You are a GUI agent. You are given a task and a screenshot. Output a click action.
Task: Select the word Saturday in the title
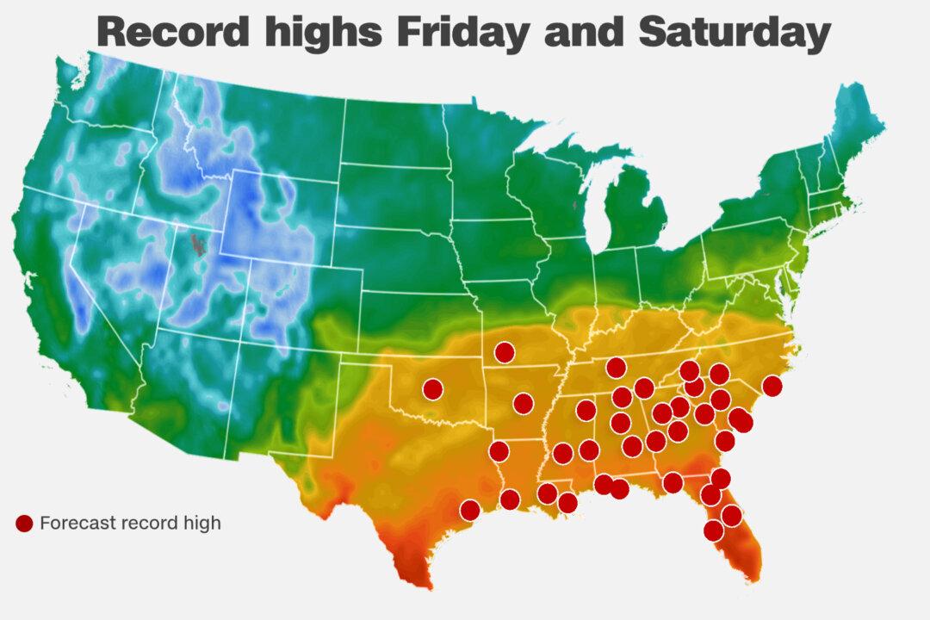(735, 32)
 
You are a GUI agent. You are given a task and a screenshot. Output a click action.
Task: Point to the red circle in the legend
(24, 523)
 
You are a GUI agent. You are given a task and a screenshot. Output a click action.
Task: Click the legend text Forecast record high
(130, 523)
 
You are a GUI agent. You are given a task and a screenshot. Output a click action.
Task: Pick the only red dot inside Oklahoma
(432, 389)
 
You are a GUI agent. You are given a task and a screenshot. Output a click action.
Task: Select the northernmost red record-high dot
(505, 351)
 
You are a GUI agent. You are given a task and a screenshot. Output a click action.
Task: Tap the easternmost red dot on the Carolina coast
(772, 386)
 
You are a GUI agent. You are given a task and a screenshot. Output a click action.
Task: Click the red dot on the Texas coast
(469, 511)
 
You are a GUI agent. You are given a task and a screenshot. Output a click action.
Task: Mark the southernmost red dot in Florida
(713, 530)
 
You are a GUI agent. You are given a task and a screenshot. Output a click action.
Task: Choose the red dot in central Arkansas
(523, 403)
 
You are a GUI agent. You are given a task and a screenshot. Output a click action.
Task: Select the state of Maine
(848, 129)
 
